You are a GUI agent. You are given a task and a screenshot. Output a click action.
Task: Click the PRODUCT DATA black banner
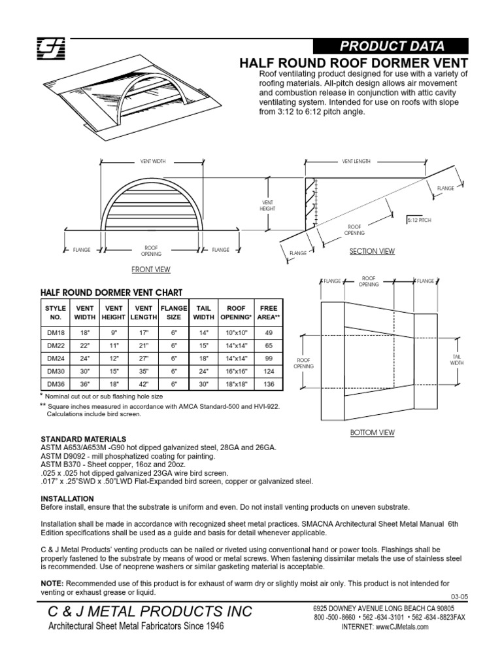coord(390,46)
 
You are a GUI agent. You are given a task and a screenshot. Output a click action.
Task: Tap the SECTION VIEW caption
coord(373,251)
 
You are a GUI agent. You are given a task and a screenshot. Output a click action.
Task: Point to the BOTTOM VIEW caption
coord(373,432)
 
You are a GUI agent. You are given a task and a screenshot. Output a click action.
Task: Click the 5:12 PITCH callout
coord(418,220)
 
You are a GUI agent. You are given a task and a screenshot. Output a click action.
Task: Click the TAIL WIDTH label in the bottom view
coord(457,359)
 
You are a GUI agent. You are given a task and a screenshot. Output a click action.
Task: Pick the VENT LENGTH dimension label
coord(356,160)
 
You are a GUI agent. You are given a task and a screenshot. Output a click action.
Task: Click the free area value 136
coord(268,383)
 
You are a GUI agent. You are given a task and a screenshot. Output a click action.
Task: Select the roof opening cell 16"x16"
coord(236,371)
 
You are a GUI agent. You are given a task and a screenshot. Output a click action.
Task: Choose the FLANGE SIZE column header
coord(174,313)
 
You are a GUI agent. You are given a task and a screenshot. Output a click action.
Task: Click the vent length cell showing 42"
coord(143,383)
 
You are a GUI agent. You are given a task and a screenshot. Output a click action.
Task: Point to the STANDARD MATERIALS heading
coord(84,438)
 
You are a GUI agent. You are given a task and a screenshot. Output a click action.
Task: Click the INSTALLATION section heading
coord(68,498)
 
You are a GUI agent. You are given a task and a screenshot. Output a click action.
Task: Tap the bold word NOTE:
coord(53,583)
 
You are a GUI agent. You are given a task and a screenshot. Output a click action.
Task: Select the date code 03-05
coord(460,595)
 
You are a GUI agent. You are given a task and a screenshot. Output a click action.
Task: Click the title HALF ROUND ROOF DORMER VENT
coord(355,63)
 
